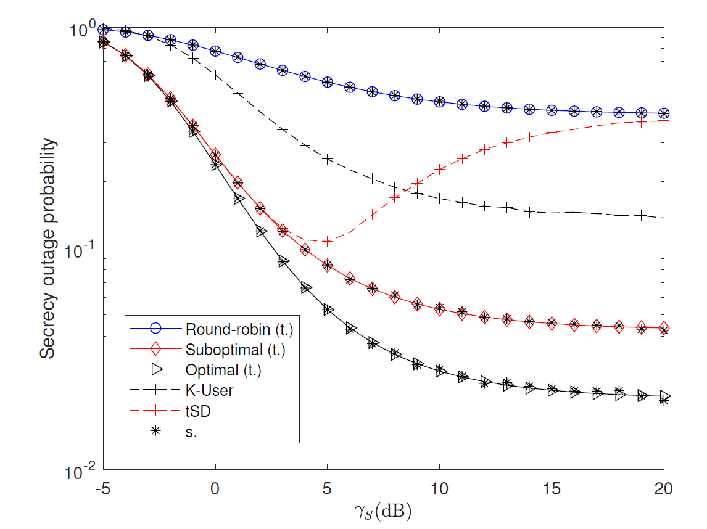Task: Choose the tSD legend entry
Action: tap(198, 411)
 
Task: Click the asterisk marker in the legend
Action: tap(156, 432)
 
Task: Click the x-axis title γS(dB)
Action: tap(383, 510)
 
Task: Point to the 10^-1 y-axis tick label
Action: tap(81, 250)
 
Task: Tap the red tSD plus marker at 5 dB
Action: tap(328, 241)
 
